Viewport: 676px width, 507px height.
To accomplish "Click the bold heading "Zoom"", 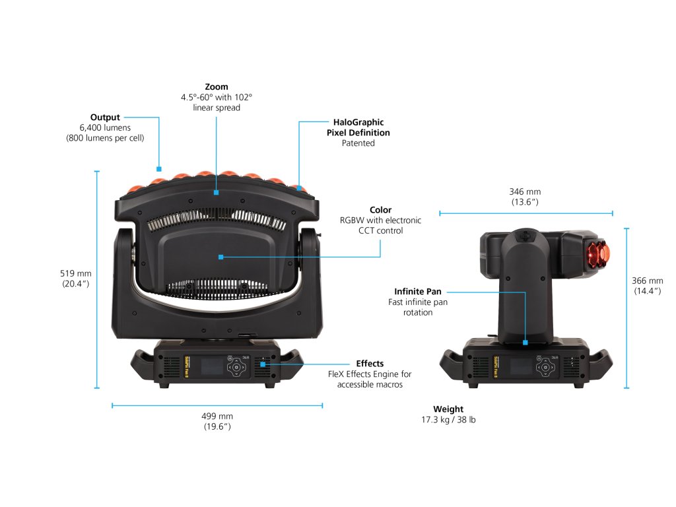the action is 217,86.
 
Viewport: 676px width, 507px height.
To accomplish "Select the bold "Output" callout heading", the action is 105,118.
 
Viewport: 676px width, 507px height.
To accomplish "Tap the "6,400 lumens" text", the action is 105,127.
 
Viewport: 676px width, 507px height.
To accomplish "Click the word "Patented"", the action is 358,143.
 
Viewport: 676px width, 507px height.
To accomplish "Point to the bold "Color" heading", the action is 380,210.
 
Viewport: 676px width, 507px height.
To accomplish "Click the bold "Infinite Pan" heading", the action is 418,291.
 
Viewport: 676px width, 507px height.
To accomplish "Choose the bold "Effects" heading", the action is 370,363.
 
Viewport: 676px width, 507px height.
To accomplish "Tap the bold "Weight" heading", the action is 448,409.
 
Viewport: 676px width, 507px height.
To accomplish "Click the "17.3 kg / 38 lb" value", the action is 448,420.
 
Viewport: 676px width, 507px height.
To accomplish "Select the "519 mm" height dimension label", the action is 75,273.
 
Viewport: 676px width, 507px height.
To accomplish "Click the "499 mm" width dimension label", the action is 217,416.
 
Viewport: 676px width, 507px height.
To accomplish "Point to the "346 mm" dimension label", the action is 525,192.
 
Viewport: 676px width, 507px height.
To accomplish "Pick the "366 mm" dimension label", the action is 648,281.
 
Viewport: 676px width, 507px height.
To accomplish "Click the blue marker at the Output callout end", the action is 159,168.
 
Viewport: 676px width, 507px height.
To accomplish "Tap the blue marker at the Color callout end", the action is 220,256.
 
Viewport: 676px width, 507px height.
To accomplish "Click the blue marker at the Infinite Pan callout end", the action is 525,342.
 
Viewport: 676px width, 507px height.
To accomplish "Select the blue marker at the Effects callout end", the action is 262,363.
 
